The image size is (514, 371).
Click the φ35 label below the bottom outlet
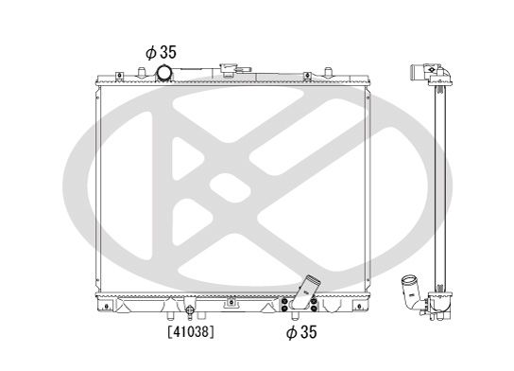(302, 332)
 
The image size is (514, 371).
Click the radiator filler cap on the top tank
(230, 71)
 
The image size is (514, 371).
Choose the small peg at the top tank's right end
(327, 72)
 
